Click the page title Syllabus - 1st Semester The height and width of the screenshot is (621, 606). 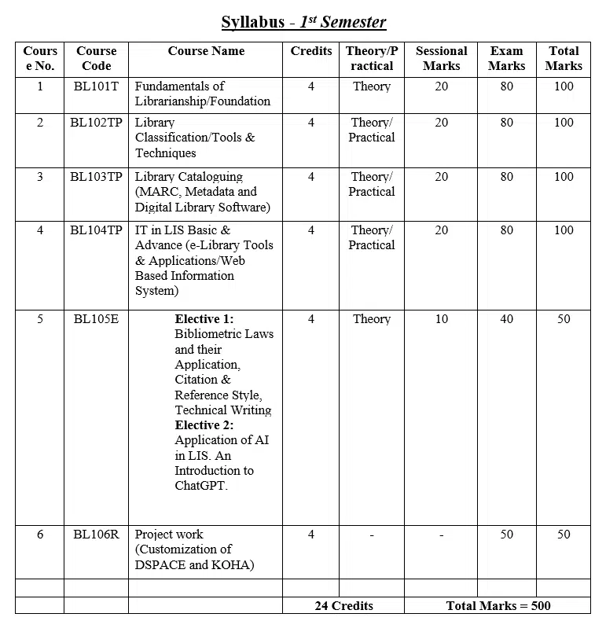[x=303, y=22]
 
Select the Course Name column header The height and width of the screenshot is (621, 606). [x=206, y=51]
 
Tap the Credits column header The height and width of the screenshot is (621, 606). [x=311, y=51]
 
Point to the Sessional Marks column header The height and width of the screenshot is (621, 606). [x=441, y=58]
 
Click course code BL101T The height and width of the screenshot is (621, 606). [x=96, y=86]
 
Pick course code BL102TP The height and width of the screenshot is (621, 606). [x=96, y=123]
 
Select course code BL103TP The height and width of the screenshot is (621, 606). [x=96, y=177]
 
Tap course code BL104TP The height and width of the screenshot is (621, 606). [x=96, y=230]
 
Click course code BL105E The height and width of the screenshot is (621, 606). [x=96, y=319]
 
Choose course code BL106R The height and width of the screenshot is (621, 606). [x=96, y=535]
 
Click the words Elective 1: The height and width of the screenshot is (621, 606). [x=204, y=319]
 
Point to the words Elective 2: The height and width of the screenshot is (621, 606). [x=204, y=425]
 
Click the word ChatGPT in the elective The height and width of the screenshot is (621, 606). [x=200, y=486]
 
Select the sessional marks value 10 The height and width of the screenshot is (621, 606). [x=441, y=319]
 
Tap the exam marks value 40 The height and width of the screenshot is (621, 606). [x=506, y=319]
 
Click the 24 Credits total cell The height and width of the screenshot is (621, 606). [x=343, y=606]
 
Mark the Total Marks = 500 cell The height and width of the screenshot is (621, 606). [x=498, y=606]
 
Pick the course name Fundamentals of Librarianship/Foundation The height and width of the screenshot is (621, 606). [x=202, y=94]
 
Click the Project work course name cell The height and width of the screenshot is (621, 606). [x=194, y=549]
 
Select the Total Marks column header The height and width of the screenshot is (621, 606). [x=564, y=58]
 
